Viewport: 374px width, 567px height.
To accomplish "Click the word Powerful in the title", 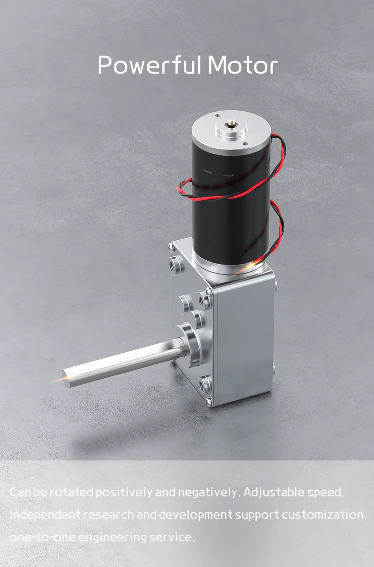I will pyautogui.click(x=150, y=65).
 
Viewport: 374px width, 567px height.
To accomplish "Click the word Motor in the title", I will pyautogui.click(x=243, y=65).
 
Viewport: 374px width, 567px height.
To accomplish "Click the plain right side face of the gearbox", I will pyautogui.click(x=244, y=342).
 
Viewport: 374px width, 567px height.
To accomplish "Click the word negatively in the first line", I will pyautogui.click(x=207, y=492).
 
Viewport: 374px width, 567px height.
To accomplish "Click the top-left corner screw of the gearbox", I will pyautogui.click(x=171, y=247).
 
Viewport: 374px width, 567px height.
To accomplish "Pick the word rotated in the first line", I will pyautogui.click(x=72, y=492).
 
